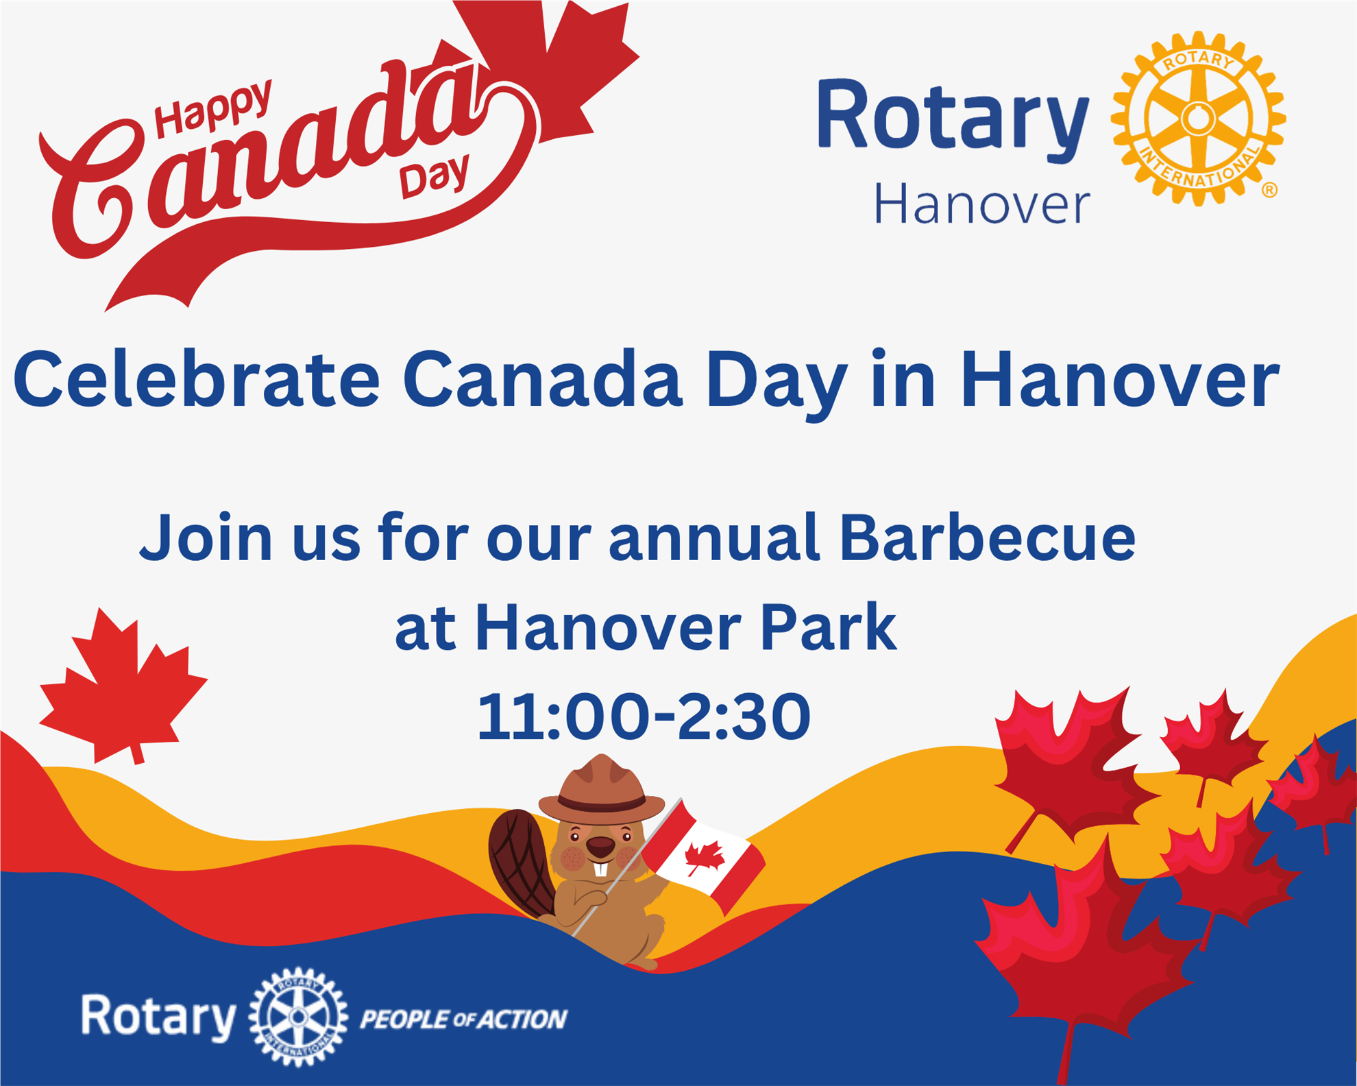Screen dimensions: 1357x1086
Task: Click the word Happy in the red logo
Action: tap(212, 108)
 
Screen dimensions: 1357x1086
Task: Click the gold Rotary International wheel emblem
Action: tap(1197, 119)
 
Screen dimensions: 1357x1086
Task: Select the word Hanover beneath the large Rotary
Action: tap(981, 204)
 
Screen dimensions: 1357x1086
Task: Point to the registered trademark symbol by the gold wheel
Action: tap(1269, 190)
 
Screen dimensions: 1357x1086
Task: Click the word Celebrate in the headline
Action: tap(197, 379)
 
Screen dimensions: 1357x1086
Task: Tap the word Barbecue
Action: tap(988, 537)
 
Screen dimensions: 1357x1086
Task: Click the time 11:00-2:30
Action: tap(644, 716)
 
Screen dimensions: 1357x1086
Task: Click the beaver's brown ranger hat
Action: tap(602, 790)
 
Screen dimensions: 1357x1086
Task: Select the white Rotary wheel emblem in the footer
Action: tap(298, 1017)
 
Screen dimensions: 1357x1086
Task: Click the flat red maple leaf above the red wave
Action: tap(123, 686)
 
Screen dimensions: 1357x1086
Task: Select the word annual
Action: tap(714, 537)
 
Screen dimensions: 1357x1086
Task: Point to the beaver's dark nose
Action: tap(602, 848)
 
